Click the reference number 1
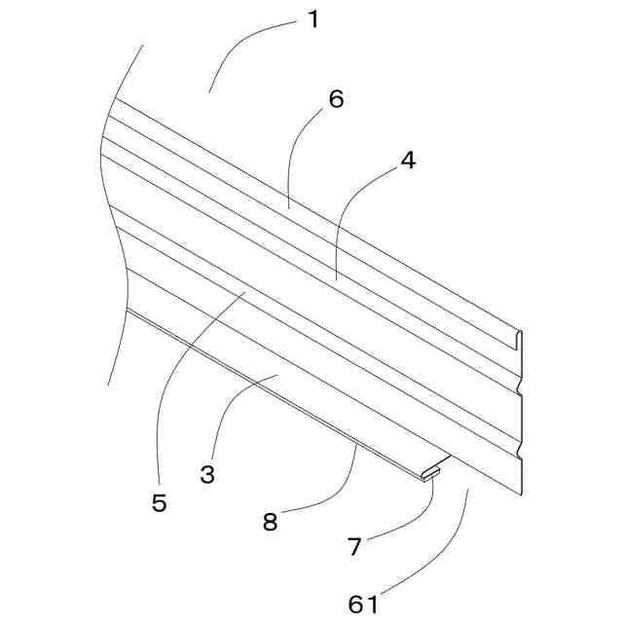(312, 19)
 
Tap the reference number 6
(336, 99)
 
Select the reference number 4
(408, 161)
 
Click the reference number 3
(207, 475)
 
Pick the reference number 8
(270, 522)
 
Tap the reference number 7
(354, 546)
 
